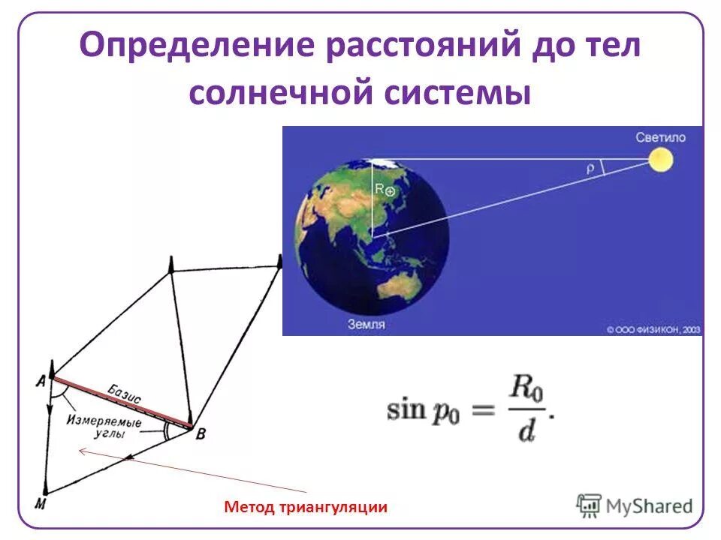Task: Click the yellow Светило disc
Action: pos(661,159)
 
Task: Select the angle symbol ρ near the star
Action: pos(590,169)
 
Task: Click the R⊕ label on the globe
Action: pos(385,190)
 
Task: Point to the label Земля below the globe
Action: pos(367,325)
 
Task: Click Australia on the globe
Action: pos(397,286)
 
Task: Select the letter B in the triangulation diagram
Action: pos(200,433)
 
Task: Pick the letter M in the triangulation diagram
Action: pos(41,503)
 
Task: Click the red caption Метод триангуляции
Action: pos(306,508)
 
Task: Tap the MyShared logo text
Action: pos(650,505)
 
